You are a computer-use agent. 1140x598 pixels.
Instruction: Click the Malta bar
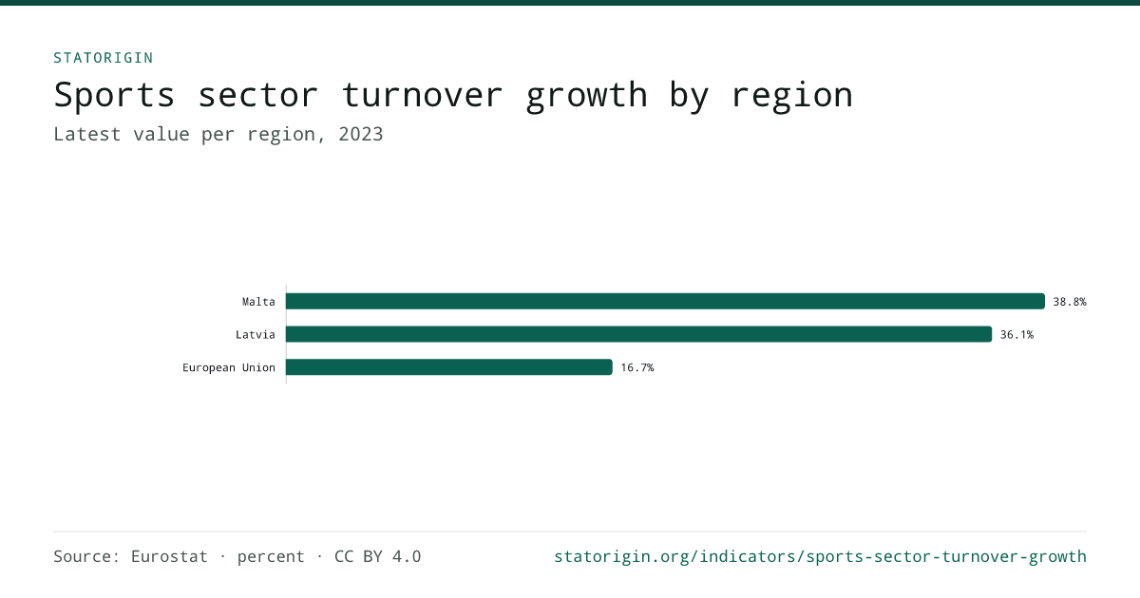pos(665,301)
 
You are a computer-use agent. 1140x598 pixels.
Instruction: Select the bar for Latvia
pos(638,334)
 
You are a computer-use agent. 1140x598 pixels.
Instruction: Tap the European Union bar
pos(448,367)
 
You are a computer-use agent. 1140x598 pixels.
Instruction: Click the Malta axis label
pos(258,302)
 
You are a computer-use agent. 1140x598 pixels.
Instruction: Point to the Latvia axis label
pos(255,334)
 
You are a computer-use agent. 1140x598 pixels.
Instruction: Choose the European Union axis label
pos(229,367)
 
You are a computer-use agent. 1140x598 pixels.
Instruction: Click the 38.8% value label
pos(1070,302)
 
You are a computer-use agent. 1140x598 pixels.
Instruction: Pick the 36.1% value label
pos(1016,334)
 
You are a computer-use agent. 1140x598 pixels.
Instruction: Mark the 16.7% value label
pos(637,367)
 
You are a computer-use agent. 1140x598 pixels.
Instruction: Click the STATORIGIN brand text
pos(104,58)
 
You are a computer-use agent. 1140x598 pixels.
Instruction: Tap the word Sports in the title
pos(115,95)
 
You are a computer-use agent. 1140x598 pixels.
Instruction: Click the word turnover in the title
pos(423,95)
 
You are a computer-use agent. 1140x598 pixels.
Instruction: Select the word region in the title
pos(792,97)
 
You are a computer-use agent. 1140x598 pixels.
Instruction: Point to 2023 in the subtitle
pos(360,134)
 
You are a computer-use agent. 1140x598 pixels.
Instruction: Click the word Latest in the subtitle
pos(87,134)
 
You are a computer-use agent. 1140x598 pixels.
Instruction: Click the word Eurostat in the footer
pos(169,556)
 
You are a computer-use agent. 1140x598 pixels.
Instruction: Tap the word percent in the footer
pos(271,557)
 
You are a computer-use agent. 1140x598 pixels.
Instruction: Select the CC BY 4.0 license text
pos(378,556)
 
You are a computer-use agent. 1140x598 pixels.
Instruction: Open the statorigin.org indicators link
pos(820,557)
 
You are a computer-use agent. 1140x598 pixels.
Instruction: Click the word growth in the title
pos(586,97)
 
